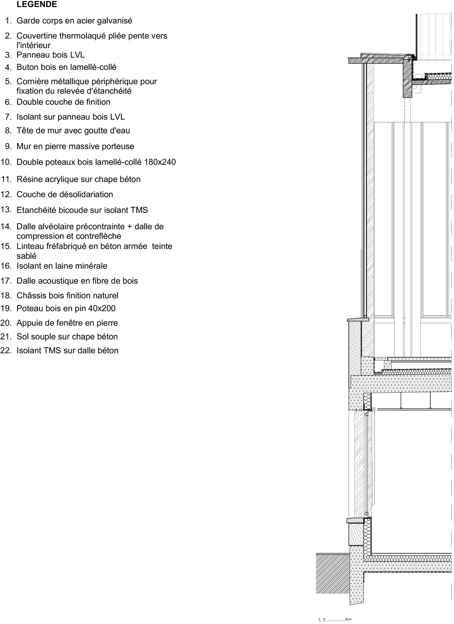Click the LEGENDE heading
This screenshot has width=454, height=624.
37,4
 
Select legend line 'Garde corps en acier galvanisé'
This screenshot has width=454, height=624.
74,21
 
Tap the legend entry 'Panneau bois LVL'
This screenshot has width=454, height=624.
50,55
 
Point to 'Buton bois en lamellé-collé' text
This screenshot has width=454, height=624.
66,67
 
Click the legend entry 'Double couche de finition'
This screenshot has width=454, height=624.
63,102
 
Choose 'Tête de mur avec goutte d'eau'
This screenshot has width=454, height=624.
73,130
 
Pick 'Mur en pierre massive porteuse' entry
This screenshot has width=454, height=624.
75,146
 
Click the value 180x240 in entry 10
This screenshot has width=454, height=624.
160,162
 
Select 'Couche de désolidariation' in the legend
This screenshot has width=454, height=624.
65,194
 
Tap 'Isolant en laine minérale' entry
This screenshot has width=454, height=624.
62,266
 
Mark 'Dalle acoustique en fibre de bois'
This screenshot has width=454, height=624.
77,281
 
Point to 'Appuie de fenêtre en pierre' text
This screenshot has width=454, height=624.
67,323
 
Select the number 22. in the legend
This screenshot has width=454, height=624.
6,350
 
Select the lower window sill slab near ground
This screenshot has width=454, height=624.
355,521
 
